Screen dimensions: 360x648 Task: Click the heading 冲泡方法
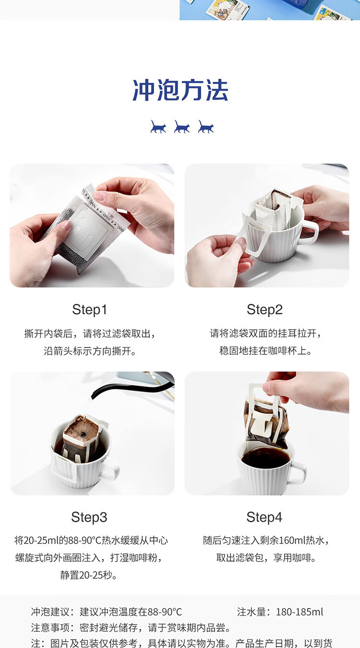pos(180,90)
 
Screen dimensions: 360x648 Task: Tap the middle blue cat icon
pos(182,127)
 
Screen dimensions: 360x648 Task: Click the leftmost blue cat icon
pos(158,127)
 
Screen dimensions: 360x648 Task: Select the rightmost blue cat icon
pos(206,127)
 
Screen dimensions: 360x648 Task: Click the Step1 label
pos(89,310)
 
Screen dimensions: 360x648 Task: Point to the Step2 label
pos(264,310)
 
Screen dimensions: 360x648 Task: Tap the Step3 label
pos(89,517)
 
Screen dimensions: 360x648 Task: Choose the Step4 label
pos(264,517)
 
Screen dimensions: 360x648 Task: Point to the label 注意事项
pos(50,627)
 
